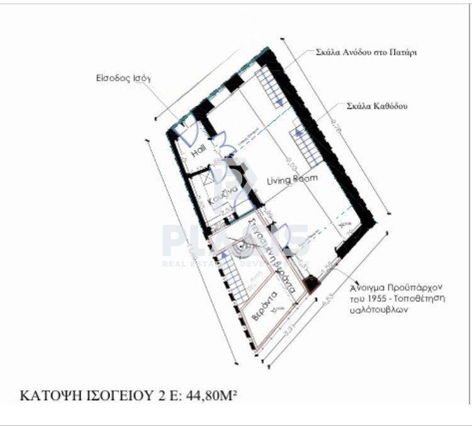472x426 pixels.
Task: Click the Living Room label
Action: click(292, 179)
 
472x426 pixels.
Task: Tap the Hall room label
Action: click(199, 152)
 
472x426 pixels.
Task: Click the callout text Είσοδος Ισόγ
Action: click(121, 79)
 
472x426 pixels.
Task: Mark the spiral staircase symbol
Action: click(240, 249)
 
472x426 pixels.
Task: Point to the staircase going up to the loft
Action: click(269, 88)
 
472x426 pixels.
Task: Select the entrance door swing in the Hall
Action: click(188, 133)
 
